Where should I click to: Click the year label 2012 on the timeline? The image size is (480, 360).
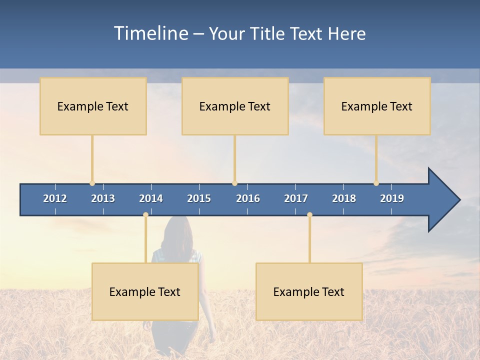click(55, 198)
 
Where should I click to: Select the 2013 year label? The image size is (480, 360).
click(103, 198)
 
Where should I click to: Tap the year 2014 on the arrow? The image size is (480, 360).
click(151, 198)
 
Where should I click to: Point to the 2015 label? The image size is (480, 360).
click(199, 198)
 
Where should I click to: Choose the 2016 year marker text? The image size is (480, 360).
click(248, 198)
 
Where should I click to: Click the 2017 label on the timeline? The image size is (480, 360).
click(296, 198)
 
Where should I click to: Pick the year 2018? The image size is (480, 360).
click(344, 198)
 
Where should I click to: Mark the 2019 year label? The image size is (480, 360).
click(392, 198)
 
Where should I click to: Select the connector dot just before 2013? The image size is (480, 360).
click(92, 183)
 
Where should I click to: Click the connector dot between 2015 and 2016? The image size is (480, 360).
click(234, 183)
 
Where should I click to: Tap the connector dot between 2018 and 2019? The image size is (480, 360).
click(376, 183)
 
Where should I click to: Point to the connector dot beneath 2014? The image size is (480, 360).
click(145, 214)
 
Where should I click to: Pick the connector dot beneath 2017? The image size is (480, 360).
click(309, 214)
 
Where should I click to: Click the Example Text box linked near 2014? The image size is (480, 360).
click(145, 291)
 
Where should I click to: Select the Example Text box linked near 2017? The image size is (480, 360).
click(309, 291)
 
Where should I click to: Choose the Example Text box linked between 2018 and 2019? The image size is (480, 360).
click(377, 106)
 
